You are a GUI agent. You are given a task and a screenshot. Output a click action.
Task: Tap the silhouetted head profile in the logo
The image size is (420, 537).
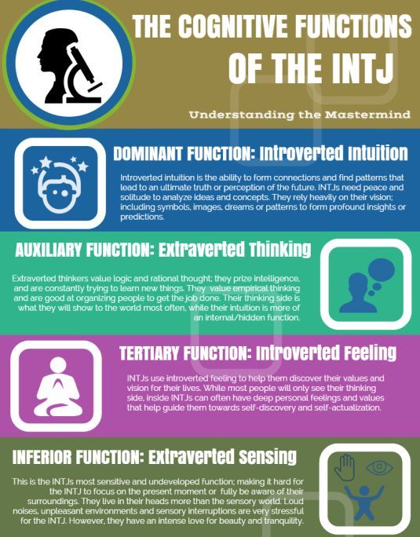tap(55, 65)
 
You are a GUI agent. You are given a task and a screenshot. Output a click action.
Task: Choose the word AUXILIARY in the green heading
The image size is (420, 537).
tap(49, 250)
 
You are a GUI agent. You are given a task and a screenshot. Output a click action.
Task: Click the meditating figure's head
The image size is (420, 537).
tap(58, 365)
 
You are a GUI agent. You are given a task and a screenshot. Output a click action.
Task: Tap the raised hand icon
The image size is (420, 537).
tap(345, 467)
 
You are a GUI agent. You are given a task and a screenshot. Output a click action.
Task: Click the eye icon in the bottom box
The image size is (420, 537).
tap(379, 467)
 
